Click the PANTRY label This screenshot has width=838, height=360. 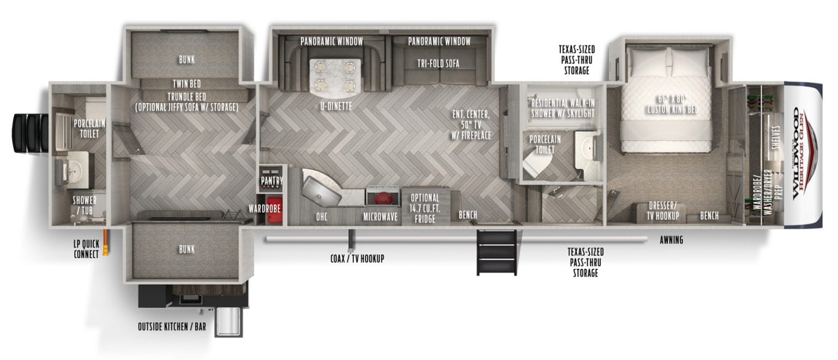tap(271, 180)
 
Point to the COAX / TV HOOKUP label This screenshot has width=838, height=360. tap(357, 259)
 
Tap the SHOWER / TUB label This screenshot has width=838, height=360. tap(85, 205)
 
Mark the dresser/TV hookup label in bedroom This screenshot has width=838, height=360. tap(663, 211)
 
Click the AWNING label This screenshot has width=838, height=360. tap(671, 240)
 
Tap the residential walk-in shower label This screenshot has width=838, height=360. tap(562, 109)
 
